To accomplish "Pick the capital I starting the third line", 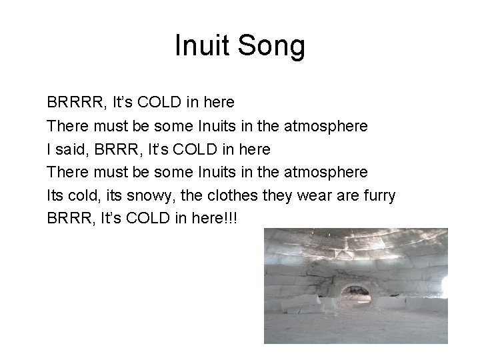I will [49, 149].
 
